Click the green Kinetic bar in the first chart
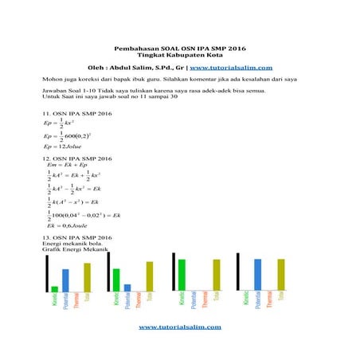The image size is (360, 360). click(55, 288)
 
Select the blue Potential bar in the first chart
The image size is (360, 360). click(65, 280)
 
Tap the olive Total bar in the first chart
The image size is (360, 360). click(88, 277)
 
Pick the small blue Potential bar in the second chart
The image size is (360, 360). click(127, 288)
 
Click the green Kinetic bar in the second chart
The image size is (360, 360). click(116, 280)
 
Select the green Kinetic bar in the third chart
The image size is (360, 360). click(182, 275)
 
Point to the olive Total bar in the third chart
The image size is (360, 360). click(216, 275)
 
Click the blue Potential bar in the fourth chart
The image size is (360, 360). click(257, 275)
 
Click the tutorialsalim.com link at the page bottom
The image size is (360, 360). click(180, 327)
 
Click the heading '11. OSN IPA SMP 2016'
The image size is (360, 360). click(76, 115)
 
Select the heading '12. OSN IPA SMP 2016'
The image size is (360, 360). click(76, 158)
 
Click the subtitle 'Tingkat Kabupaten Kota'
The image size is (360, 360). click(180, 55)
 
